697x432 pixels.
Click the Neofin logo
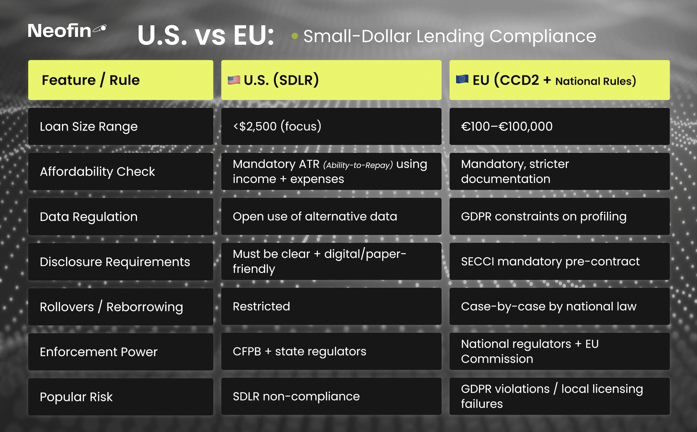pyautogui.click(x=67, y=31)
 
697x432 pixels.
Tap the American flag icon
pyautogui.click(x=234, y=80)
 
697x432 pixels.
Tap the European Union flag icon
pyautogui.click(x=462, y=79)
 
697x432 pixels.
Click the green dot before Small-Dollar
pyautogui.click(x=295, y=36)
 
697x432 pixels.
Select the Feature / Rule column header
pyautogui.click(x=121, y=80)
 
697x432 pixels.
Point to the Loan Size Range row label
pyautogui.click(x=121, y=126)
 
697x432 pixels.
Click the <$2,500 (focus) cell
pyautogui.click(x=331, y=126)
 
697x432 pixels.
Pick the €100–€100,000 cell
pyautogui.click(x=559, y=126)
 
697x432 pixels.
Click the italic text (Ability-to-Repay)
pyautogui.click(x=358, y=165)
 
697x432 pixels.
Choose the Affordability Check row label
pyautogui.click(x=121, y=171)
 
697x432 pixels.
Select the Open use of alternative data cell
pyautogui.click(x=331, y=216)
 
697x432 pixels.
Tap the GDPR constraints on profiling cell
pyautogui.click(x=559, y=216)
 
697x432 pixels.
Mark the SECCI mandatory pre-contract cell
pyautogui.click(x=559, y=262)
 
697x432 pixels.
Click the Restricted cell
pyautogui.click(x=331, y=307)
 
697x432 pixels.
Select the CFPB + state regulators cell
pyautogui.click(x=331, y=351)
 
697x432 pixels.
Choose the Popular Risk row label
pyautogui.click(x=121, y=397)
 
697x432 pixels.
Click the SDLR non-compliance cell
pyautogui.click(x=331, y=397)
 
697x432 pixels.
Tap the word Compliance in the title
pyautogui.click(x=543, y=37)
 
